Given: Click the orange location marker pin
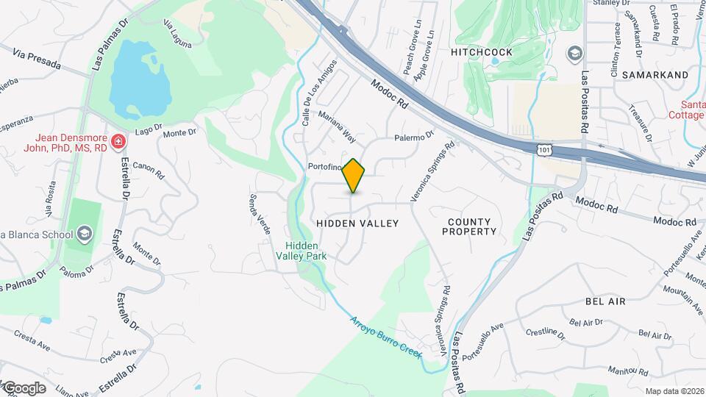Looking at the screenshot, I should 354,176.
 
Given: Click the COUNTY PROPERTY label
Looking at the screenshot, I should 469,226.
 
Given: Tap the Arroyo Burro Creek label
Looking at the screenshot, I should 385,338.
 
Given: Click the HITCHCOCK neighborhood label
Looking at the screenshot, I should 481,53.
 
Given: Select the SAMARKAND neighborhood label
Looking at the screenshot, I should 655,75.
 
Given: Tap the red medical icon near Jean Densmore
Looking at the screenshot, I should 117,140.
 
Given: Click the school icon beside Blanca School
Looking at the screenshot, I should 85,235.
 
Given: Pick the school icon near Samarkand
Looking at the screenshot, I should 574,54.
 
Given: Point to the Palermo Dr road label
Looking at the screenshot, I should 414,137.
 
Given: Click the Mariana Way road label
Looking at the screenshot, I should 337,127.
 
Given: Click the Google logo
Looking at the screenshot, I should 24,387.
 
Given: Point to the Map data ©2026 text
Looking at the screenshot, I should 674,391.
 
